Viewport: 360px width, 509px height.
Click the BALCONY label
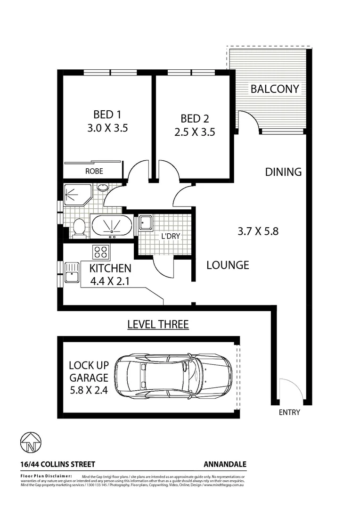point(275,89)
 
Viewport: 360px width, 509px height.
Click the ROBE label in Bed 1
point(94,171)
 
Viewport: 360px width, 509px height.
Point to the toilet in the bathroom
point(80,228)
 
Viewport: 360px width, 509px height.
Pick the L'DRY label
point(170,237)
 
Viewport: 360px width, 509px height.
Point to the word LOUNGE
point(228,265)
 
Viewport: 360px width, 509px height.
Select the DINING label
point(283,172)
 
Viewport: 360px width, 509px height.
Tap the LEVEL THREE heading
point(158,324)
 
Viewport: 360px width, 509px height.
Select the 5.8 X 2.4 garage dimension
point(89,390)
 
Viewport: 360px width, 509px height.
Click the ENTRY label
point(289,412)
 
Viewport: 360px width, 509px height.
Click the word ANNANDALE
point(224,464)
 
